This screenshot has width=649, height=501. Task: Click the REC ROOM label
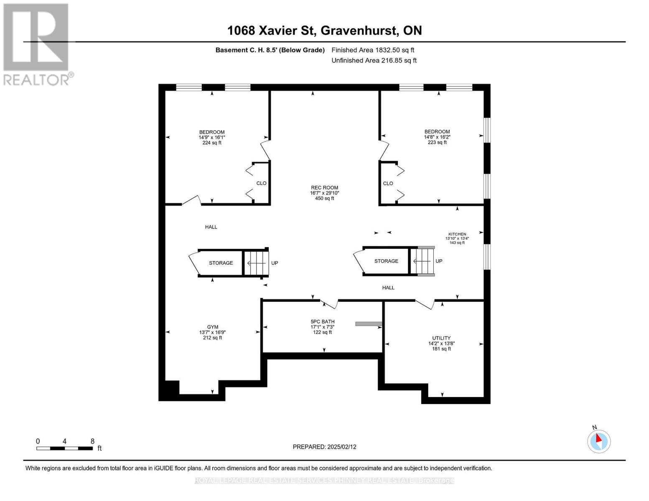324,193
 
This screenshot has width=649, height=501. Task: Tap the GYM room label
212,332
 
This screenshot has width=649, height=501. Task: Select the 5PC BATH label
322,327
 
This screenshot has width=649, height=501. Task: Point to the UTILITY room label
441,343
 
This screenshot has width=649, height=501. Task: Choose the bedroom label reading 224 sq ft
211,137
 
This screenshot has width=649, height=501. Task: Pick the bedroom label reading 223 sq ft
437,137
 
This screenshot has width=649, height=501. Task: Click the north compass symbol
599,440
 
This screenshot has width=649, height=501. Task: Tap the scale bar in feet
65,448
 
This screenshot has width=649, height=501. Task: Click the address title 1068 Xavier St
324,30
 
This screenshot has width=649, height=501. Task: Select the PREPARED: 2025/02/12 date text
324,447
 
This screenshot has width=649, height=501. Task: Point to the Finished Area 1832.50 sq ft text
373,50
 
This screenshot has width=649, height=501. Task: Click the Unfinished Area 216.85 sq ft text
374,61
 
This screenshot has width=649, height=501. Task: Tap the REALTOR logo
37,44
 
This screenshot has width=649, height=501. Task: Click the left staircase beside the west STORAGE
255,263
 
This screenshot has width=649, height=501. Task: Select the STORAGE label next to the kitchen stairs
386,261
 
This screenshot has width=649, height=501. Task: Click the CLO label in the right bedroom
388,183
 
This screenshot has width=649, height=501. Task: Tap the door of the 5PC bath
329,304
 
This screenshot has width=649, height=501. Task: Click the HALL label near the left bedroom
211,227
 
